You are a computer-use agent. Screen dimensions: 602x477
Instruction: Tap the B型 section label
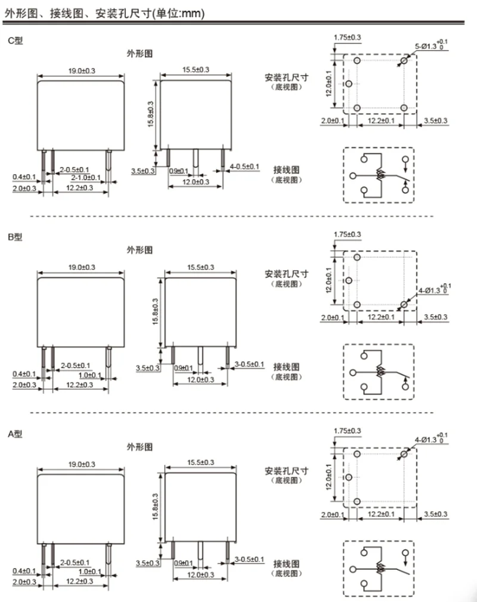point(15,237)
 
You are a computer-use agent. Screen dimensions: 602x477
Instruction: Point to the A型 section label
point(15,434)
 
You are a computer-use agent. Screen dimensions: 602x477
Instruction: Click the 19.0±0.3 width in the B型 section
point(82,268)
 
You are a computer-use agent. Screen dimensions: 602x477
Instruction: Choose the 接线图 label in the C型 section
point(286,170)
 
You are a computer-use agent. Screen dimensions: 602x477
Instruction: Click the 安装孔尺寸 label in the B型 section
point(286,274)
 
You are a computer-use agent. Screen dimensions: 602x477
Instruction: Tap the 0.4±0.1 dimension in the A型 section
point(24,572)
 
